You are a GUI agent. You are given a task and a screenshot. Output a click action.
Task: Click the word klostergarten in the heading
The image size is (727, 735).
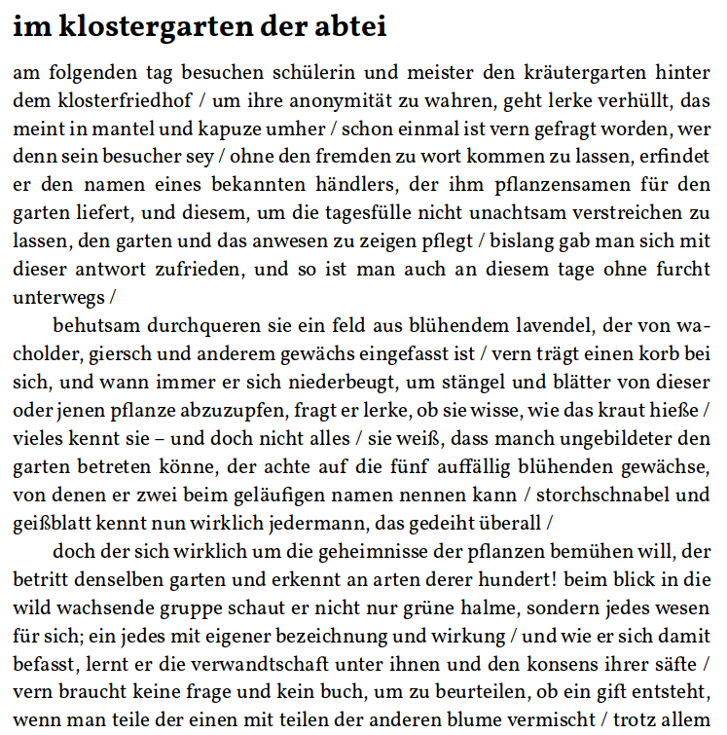pos(142,27)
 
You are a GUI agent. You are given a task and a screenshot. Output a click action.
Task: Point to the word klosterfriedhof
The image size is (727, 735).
pos(115,100)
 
